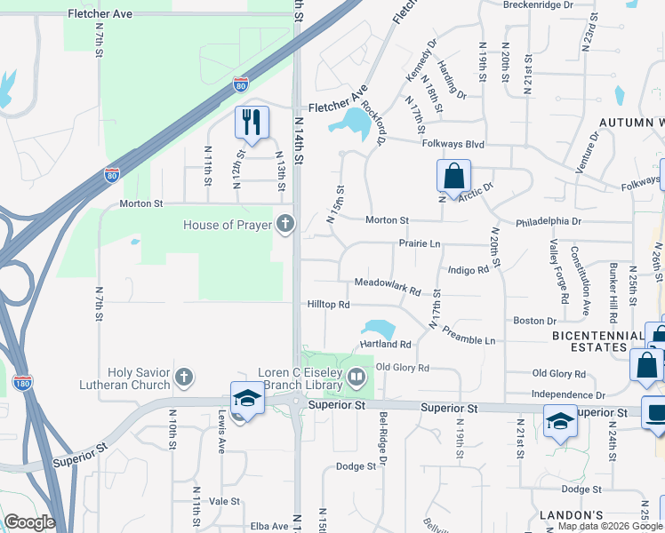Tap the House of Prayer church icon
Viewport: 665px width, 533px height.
point(284,224)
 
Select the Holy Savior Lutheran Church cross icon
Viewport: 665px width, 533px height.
point(184,378)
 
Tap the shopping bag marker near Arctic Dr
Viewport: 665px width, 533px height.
point(453,176)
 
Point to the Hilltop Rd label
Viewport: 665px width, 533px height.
point(328,304)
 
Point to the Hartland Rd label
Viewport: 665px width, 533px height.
point(385,344)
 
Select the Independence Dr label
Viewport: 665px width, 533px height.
point(568,394)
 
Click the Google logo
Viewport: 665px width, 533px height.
point(29,522)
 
